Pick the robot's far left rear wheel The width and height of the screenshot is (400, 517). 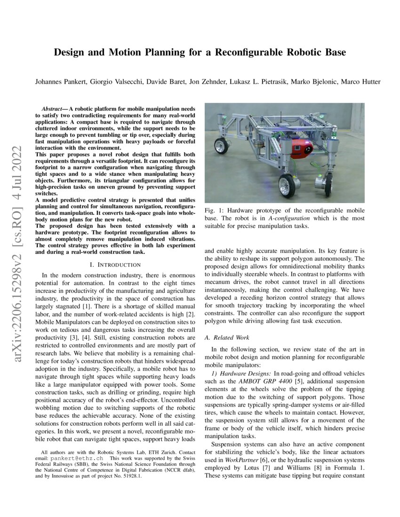click(x=221, y=145)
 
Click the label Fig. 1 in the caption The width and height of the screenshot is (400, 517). click(x=213, y=211)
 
